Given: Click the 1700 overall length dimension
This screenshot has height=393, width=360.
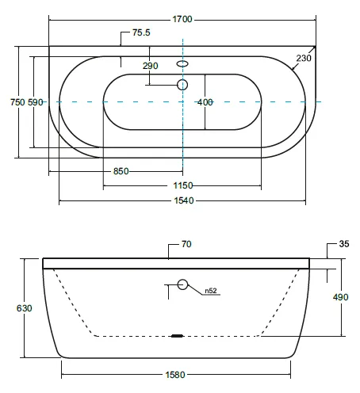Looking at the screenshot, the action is point(182,19).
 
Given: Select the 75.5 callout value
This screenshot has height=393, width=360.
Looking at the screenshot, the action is point(141,32).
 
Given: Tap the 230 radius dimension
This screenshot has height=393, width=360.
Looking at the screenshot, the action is point(304,58).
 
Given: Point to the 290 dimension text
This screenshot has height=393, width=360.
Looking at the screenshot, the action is point(151,66).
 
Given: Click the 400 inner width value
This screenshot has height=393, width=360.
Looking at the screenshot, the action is point(205,102).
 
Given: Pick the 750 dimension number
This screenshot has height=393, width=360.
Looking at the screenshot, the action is point(17,102).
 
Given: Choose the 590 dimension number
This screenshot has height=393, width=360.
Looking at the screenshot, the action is point(36,102).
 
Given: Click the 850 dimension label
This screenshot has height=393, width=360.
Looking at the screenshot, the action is point(121,171).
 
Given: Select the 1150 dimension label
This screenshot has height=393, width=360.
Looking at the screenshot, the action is point(183,185).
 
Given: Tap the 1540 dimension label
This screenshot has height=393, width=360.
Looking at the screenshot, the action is point(184,200).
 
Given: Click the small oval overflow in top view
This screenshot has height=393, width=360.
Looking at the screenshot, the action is point(182,63).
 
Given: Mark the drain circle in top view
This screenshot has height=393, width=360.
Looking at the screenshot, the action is point(182,85).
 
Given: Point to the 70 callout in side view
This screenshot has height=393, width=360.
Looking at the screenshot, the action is point(186,244).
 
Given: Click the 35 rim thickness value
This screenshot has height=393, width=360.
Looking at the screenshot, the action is point(344,243).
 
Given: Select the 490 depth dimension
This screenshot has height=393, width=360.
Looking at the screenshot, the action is point(340,297).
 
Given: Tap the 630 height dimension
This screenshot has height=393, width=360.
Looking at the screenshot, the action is point(24,308).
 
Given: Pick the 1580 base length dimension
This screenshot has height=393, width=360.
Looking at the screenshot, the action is point(175,375).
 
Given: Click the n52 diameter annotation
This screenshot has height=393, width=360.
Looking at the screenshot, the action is point(211,291).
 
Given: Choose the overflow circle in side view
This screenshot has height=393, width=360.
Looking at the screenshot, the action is point(182,284).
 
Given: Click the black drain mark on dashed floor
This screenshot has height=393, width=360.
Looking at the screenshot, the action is point(177,336).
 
